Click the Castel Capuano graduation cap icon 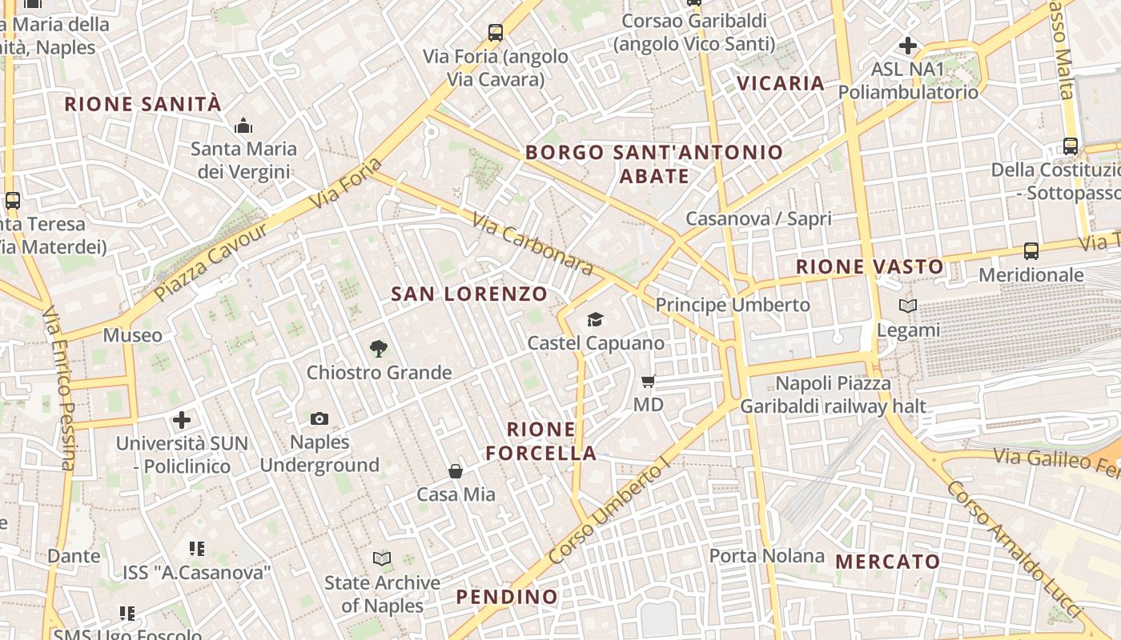click(x=595, y=320)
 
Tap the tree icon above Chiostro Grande click(x=379, y=348)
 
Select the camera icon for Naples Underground click(x=319, y=418)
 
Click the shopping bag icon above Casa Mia click(x=456, y=471)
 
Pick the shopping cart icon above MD click(x=649, y=381)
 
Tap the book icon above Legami click(x=908, y=306)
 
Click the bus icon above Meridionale click(x=1031, y=250)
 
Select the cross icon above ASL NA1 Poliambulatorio click(x=908, y=45)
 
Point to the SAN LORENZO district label click(x=469, y=294)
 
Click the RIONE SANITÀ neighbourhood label click(x=143, y=104)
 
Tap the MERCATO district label click(x=888, y=562)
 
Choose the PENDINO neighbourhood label click(x=507, y=597)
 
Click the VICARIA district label click(x=781, y=83)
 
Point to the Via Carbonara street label click(x=532, y=243)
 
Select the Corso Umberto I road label click(x=609, y=512)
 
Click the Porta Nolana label click(x=766, y=556)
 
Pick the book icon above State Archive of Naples click(x=382, y=558)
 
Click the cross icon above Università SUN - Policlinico click(x=182, y=419)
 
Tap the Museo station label click(x=132, y=335)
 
